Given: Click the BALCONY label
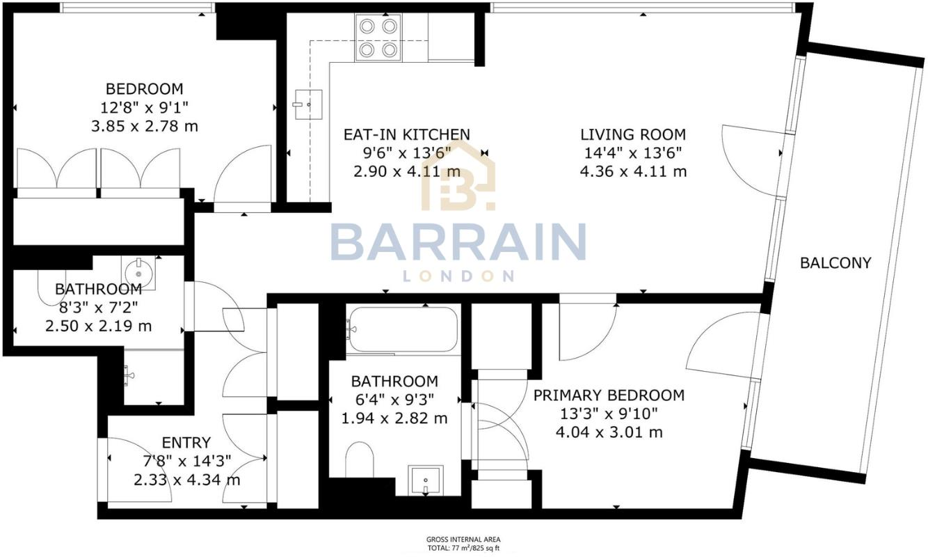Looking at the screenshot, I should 835,263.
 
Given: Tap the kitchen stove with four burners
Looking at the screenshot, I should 378,37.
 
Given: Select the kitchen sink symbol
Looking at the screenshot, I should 307,104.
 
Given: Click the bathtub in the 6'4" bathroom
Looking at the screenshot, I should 403,329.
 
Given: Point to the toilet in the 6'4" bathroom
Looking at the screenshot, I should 360,460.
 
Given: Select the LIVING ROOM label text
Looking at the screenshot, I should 633,134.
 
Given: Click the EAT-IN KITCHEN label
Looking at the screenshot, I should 407,134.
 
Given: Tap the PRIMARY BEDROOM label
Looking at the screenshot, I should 609,395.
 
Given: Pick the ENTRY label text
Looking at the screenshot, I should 186,443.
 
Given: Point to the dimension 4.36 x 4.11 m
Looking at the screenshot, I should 633,171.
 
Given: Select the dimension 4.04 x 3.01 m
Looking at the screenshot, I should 609,432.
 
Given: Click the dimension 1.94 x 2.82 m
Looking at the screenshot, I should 394,418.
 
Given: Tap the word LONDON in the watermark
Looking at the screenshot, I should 458,276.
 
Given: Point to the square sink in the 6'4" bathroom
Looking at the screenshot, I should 424,479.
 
